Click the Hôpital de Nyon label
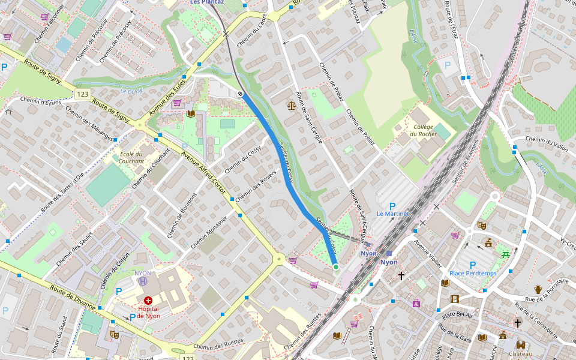(x=148, y=312)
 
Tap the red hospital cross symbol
(x=148, y=299)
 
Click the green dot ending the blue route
(x=336, y=267)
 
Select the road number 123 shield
(x=83, y=94)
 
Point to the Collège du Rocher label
(x=424, y=130)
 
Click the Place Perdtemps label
(x=473, y=274)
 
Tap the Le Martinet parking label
(x=393, y=214)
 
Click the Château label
(x=520, y=354)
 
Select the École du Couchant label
(x=131, y=157)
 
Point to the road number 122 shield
(x=188, y=358)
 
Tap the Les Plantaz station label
(x=207, y=2)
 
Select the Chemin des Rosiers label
(x=256, y=187)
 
